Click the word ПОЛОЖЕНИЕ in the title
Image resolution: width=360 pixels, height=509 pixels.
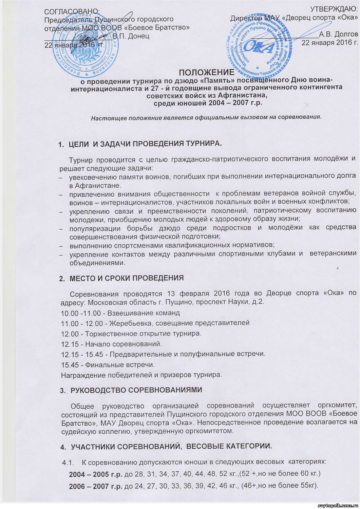tap(206, 73)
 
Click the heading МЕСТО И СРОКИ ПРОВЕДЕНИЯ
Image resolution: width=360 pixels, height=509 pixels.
tap(127, 279)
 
